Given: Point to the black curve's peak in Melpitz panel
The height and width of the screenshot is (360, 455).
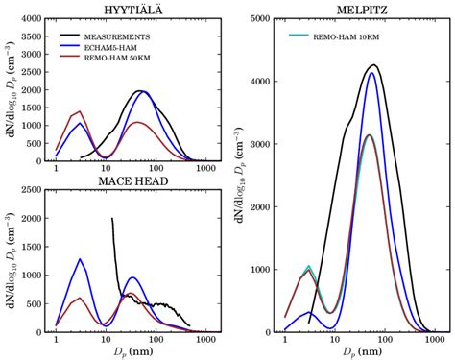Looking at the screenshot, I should coord(373,65).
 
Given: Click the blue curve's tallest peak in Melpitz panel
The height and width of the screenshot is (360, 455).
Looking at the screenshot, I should coord(371,73).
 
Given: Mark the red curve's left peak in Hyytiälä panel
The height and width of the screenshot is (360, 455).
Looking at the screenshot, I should coord(81,111).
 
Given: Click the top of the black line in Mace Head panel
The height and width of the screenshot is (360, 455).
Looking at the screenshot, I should coord(112,218).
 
